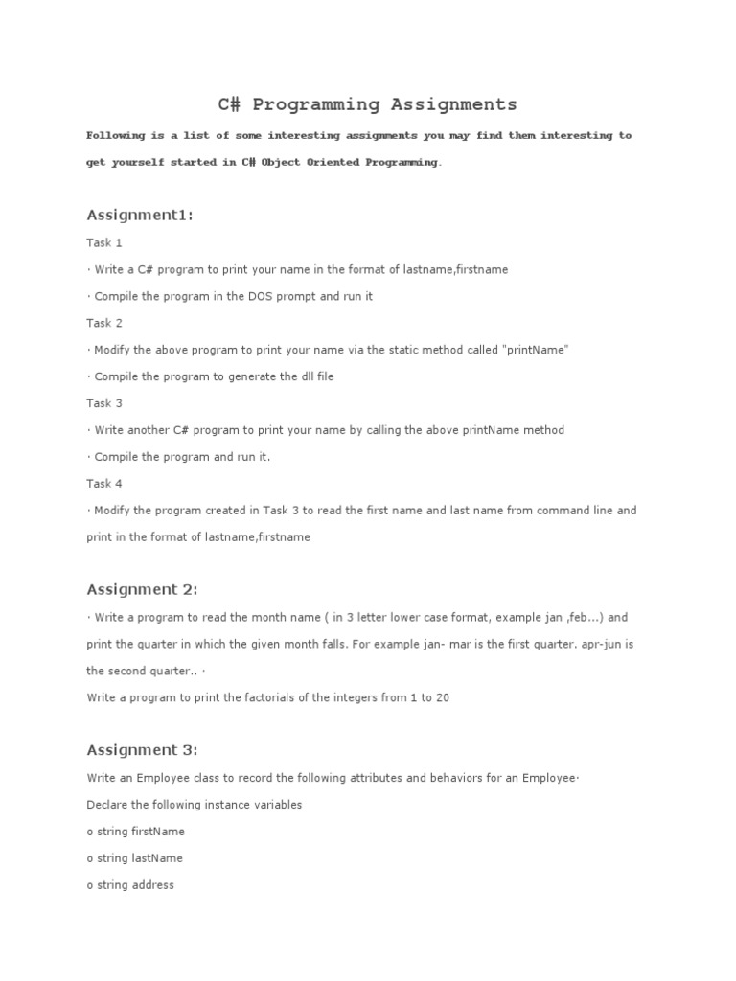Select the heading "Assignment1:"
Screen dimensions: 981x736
[x=140, y=215]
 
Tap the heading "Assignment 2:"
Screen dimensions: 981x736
[x=142, y=589]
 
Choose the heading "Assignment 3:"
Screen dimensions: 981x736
[x=142, y=750]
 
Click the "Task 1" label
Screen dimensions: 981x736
[x=104, y=243]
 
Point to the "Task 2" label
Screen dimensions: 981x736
[x=104, y=324]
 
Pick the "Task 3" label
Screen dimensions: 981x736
[x=104, y=404]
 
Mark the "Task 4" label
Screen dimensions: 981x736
[x=104, y=485]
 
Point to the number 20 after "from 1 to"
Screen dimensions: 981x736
[x=442, y=698]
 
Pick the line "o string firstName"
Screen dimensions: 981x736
[x=135, y=832]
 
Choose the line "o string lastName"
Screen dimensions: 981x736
[x=134, y=858]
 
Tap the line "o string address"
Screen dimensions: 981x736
[x=130, y=885]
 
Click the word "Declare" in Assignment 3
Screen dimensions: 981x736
[x=107, y=805]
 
